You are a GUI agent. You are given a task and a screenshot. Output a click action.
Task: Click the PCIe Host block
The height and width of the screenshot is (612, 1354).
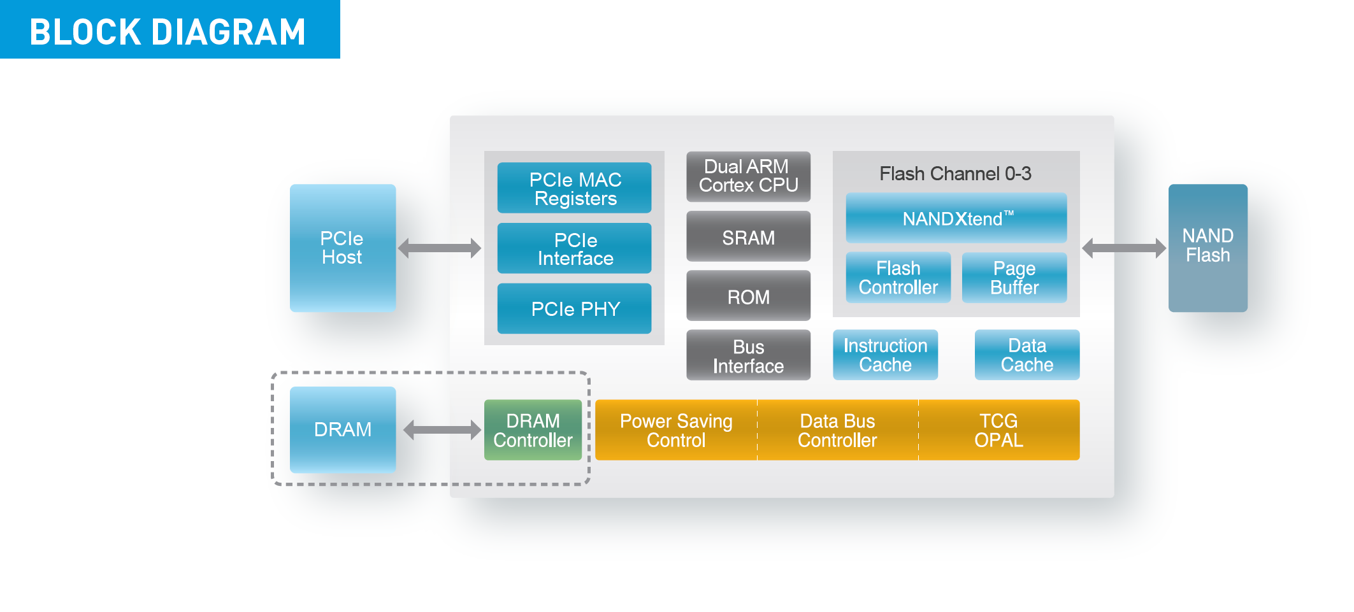coord(343,248)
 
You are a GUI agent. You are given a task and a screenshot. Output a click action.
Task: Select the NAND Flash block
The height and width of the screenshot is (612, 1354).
coord(1207,248)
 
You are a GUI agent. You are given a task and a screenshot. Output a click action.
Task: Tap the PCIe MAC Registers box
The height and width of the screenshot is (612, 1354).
coord(574,188)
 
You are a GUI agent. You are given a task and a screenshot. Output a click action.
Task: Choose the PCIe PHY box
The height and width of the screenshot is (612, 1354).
coord(574,309)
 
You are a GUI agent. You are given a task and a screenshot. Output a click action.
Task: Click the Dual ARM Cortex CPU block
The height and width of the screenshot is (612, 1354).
coord(748,176)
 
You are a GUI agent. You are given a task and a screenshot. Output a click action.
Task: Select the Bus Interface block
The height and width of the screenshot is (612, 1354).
coord(748,355)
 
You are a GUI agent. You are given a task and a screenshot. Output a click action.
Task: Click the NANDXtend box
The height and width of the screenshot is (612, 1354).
coord(956,218)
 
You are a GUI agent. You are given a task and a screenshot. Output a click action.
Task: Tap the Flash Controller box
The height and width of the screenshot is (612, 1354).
coord(898,278)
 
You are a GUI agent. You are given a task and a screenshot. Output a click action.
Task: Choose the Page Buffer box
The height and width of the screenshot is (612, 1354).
coord(1014,278)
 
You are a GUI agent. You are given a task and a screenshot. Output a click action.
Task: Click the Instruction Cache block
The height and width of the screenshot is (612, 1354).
coord(885,355)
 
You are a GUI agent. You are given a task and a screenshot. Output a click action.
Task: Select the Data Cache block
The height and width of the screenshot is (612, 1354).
coord(1027,355)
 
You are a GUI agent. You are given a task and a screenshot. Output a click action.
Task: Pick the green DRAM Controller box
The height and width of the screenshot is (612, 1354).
coord(533,430)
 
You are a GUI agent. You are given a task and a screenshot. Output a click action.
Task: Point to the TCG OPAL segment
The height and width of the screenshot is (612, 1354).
coord(999,430)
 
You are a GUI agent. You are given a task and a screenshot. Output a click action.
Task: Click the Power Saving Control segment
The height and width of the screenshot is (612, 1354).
coord(676,430)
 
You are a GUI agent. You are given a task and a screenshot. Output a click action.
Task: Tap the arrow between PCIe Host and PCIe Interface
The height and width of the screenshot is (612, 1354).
coord(440,248)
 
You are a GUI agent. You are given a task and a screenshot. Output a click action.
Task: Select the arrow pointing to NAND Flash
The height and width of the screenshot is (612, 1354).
coord(1124,248)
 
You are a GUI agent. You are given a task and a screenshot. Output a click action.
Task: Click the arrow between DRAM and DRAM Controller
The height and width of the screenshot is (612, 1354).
coord(442,430)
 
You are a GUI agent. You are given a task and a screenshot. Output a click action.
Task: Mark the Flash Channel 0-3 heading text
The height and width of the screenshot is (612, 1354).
coord(955,173)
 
